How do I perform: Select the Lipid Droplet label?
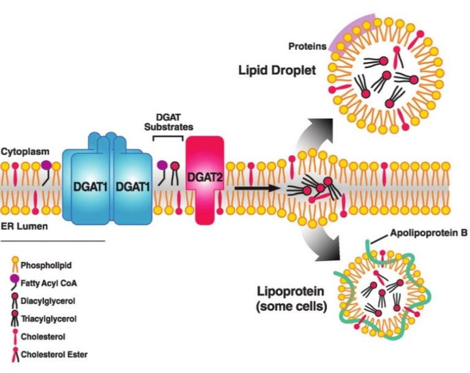[277, 70]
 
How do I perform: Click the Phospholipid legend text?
[47, 265]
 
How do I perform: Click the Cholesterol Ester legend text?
[56, 353]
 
